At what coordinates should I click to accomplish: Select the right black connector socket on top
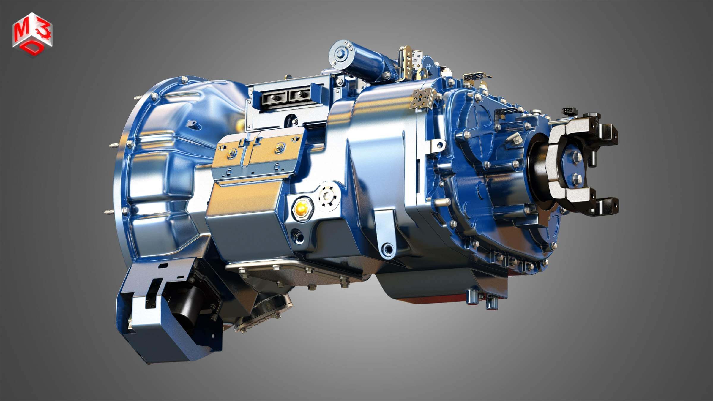[x=300, y=95]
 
